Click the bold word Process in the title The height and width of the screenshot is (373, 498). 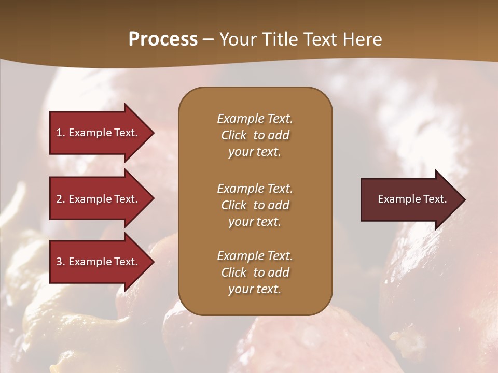tap(163, 39)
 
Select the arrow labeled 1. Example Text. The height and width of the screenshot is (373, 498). tap(99, 133)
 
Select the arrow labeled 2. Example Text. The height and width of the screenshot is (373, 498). tap(99, 199)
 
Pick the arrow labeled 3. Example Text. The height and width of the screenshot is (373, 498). tap(99, 262)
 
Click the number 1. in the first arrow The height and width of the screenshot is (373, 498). tap(61, 133)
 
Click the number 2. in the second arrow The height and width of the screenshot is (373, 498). tap(61, 199)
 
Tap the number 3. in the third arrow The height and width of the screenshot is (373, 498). tap(61, 262)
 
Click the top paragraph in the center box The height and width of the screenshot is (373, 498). tap(255, 135)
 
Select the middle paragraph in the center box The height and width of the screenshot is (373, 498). tap(255, 205)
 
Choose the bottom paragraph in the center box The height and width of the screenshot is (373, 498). tap(255, 272)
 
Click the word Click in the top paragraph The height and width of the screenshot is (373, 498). tap(234, 135)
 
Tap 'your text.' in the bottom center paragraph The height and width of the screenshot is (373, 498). tap(255, 289)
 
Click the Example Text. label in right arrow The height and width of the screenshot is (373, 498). tap(412, 199)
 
